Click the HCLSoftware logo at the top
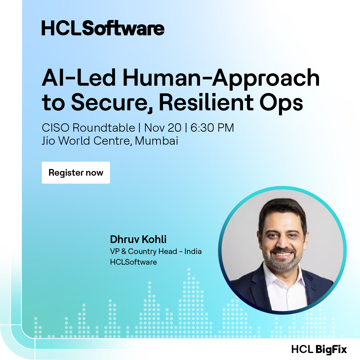103,28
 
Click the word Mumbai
156,141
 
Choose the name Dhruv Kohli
138,239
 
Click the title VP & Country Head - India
156,251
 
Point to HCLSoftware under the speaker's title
133,262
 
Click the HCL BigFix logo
319,349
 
